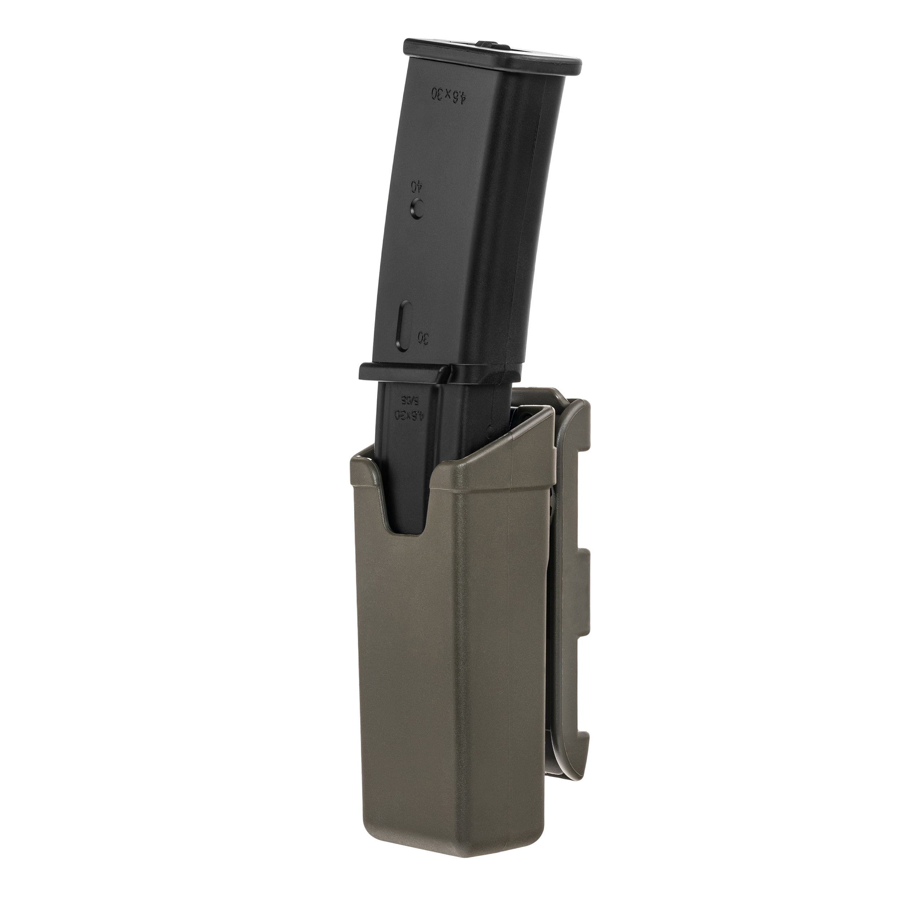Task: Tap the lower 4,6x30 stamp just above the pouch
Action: (409, 414)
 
